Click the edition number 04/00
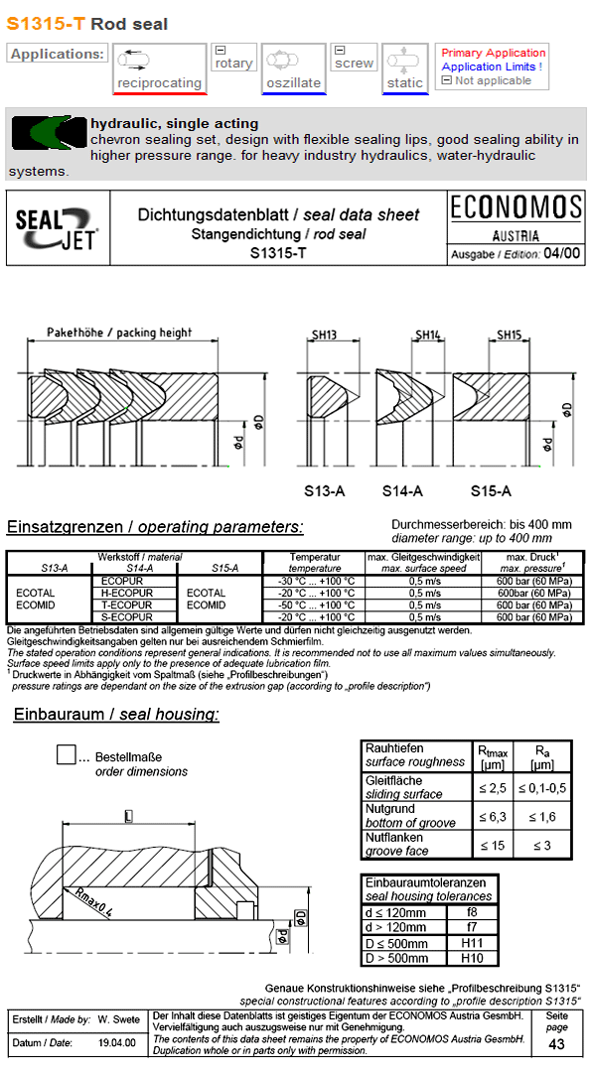click(562, 253)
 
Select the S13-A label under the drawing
click(324, 490)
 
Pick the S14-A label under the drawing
click(402, 490)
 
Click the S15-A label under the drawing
click(491, 490)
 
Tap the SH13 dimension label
click(325, 336)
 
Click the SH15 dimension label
click(509, 336)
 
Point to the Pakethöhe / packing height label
click(119, 333)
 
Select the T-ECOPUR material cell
click(127, 605)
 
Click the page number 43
click(556, 1044)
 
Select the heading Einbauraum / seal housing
click(116, 715)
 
